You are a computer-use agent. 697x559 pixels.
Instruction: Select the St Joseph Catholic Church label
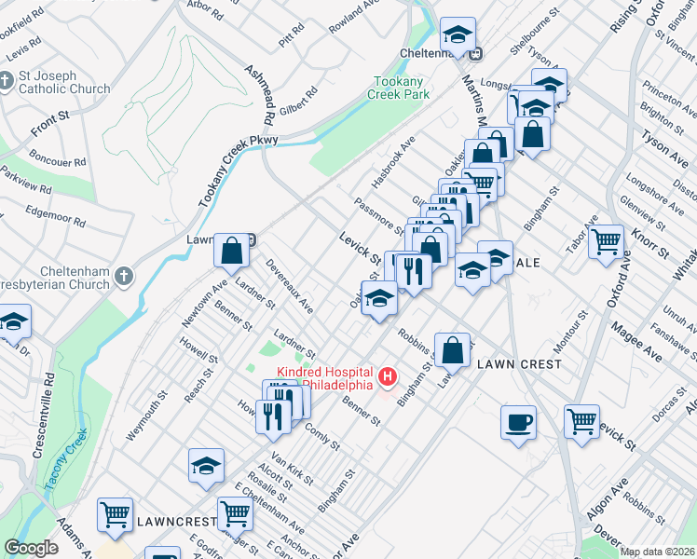[x=63, y=82]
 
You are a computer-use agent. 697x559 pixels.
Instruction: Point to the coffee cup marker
[x=518, y=421]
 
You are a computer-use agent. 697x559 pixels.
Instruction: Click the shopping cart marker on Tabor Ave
[x=606, y=242]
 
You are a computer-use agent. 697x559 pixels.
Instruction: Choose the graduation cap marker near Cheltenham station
[x=458, y=35]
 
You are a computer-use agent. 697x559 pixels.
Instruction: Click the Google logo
[x=31, y=548]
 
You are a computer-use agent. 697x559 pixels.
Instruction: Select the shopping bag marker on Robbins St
[x=452, y=351]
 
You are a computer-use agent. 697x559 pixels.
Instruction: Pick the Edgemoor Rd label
[x=56, y=218]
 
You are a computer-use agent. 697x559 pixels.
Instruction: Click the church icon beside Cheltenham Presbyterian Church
[x=123, y=275]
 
